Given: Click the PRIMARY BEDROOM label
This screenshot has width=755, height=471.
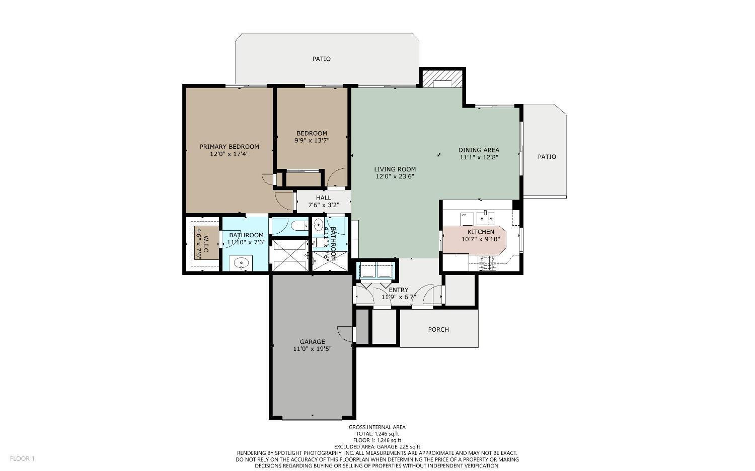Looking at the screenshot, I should tap(229, 147).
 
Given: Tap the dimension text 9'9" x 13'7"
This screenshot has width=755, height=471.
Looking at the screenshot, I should tap(312, 141).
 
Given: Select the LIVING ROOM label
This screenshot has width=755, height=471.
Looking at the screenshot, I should tap(395, 169).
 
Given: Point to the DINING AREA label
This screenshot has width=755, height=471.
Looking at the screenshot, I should tap(478, 150).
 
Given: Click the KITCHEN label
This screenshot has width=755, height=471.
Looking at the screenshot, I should tap(481, 232).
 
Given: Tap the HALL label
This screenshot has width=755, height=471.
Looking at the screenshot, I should tap(324, 198).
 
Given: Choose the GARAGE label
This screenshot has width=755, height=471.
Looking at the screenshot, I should tap(312, 342).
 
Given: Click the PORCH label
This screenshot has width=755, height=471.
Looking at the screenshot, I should tap(438, 330).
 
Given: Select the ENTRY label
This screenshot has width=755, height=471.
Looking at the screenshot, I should tap(398, 290).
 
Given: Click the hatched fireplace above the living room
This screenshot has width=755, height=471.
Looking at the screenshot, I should tap(441, 79).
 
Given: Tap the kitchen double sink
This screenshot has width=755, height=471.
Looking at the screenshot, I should tap(485, 219).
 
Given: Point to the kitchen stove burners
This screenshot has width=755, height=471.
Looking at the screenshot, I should tap(487, 263).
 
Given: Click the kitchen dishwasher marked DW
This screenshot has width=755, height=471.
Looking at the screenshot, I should tap(467, 219).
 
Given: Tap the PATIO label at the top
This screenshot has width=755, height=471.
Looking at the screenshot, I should tap(321, 59).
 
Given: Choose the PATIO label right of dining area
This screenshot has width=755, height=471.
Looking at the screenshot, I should tap(547, 157).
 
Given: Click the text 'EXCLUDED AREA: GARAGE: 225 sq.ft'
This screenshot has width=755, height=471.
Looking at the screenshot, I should tap(377, 447).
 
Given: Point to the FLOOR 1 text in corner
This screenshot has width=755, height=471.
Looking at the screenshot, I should tap(22, 458).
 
